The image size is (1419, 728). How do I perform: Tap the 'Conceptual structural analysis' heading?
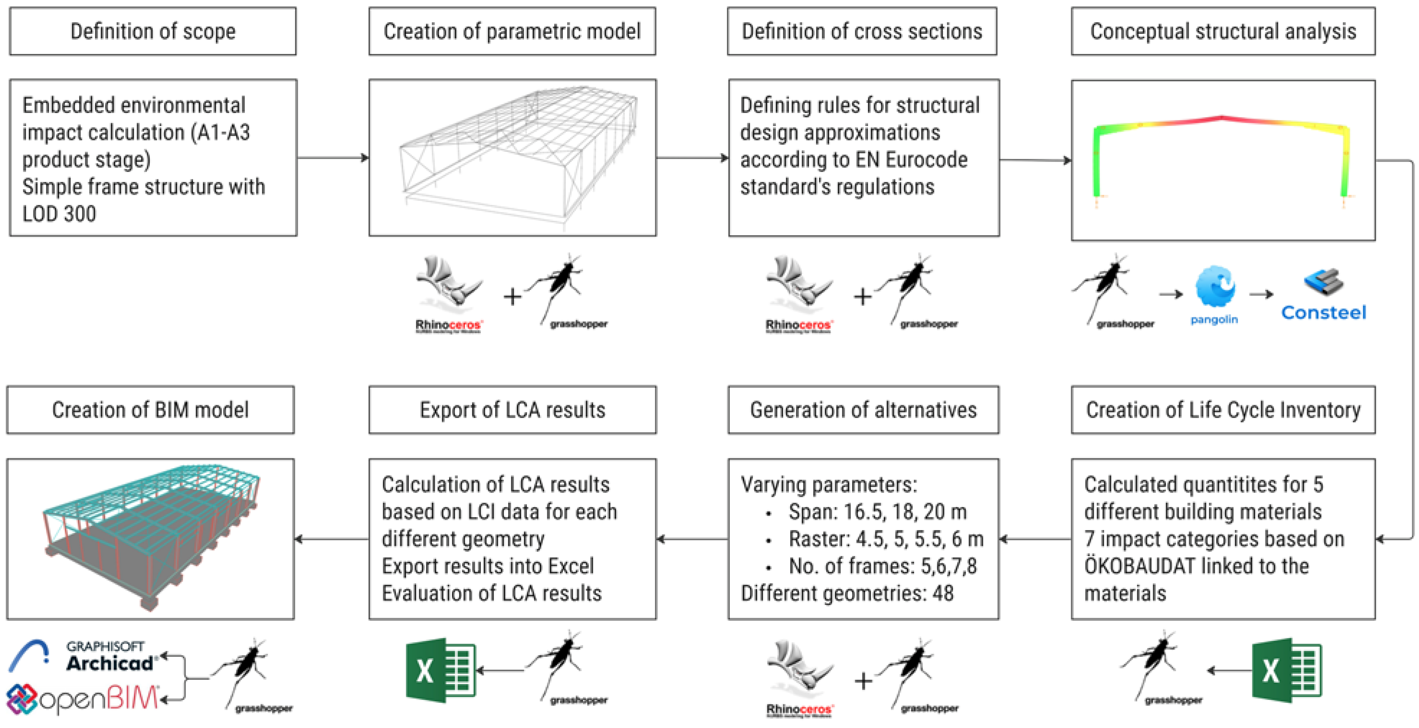point(1223,31)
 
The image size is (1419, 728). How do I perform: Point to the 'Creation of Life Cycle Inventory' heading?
point(1223,410)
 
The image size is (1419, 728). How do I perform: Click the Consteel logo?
point(1323,295)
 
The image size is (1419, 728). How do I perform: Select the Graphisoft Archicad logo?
point(83,656)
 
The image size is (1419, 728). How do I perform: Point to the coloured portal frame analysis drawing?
point(1222,160)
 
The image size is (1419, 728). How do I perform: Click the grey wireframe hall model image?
point(512,157)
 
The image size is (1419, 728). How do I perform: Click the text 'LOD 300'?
point(59,214)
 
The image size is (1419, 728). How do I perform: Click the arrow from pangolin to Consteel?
point(1261,295)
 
